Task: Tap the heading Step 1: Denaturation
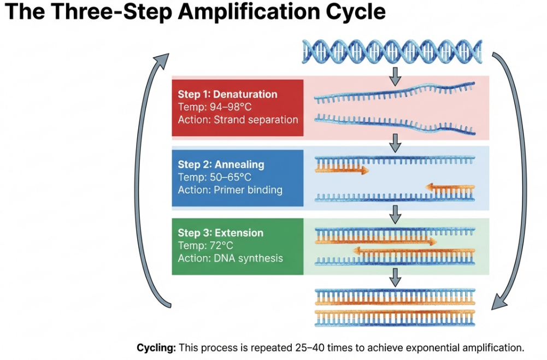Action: [227, 94]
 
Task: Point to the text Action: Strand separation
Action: [238, 119]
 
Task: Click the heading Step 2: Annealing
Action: [221, 164]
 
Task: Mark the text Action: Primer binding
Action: [230, 190]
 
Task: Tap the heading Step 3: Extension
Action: [220, 233]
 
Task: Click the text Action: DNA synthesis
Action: [230, 258]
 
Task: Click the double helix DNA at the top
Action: [392, 51]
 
